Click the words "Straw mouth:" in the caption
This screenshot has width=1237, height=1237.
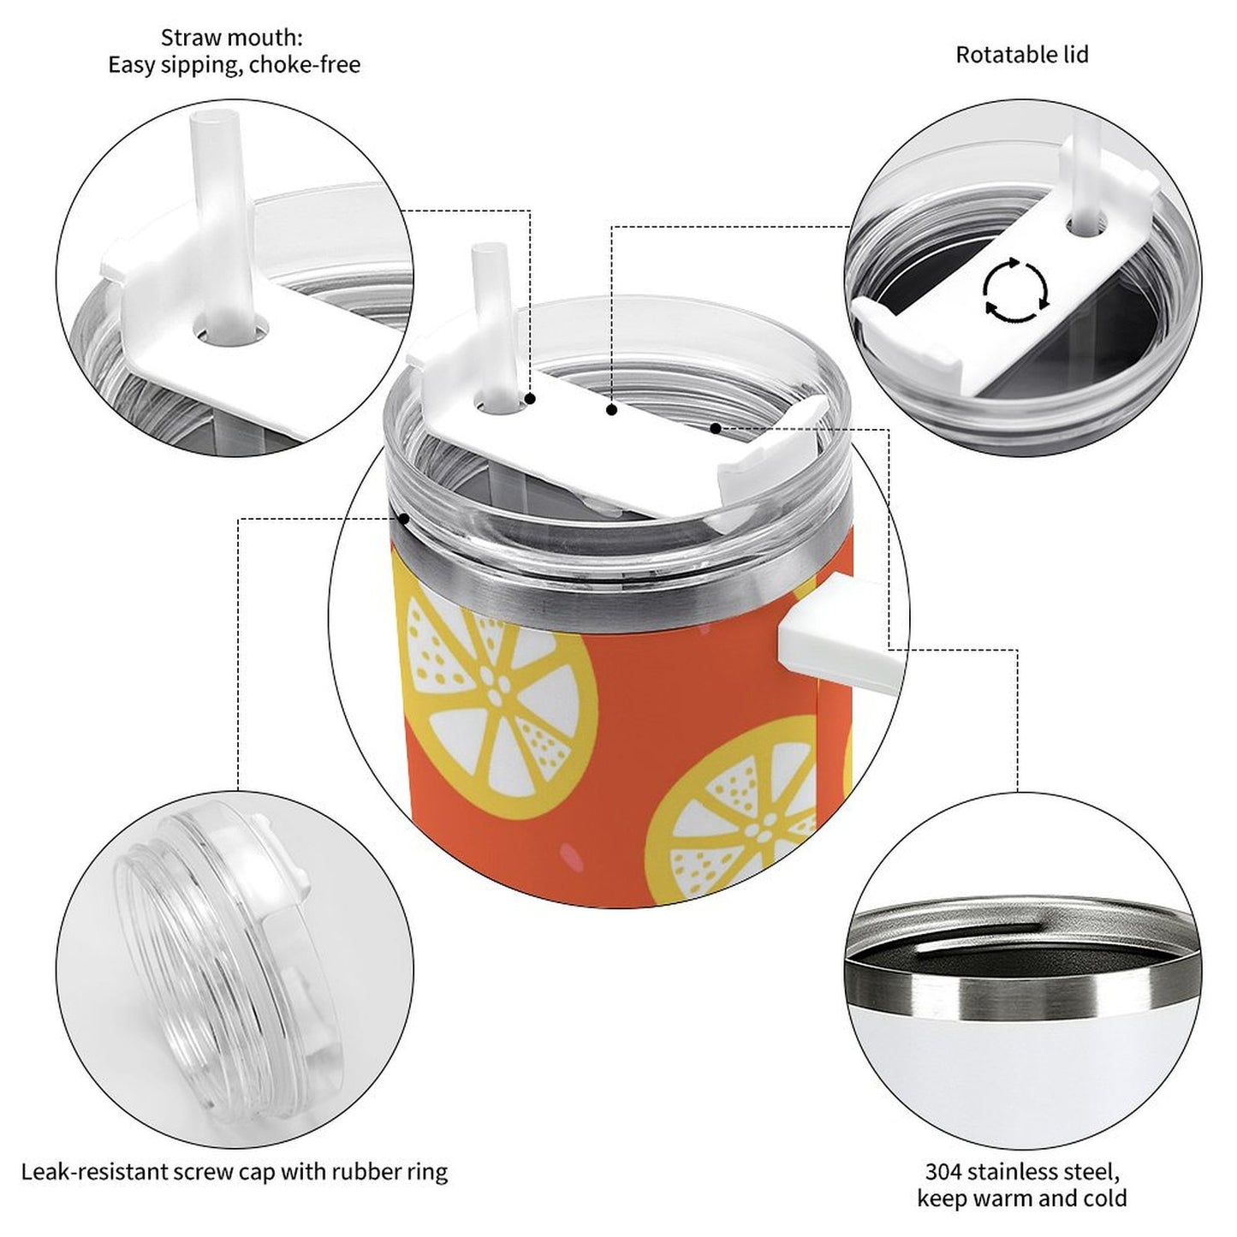[231, 38]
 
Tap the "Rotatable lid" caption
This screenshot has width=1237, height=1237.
[1022, 55]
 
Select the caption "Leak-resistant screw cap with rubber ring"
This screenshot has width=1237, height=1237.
[235, 1154]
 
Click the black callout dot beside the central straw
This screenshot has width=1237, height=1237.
[530, 399]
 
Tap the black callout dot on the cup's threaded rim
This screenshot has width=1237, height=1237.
[404, 518]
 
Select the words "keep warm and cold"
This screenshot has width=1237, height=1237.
[1022, 1180]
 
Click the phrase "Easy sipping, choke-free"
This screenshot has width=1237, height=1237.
[235, 65]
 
